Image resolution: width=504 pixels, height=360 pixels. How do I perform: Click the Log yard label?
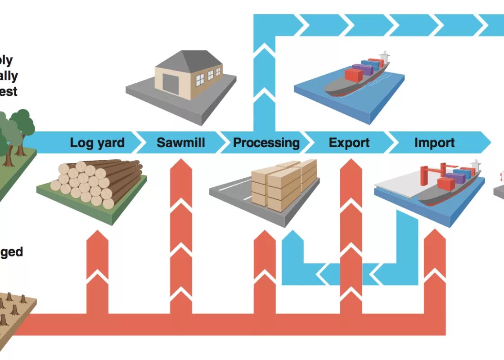[97, 143]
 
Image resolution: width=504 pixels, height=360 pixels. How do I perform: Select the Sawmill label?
[181, 143]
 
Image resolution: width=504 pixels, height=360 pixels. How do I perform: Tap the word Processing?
[266, 143]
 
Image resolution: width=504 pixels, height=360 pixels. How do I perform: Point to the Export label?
[349, 143]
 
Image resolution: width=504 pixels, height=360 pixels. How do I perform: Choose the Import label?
[434, 143]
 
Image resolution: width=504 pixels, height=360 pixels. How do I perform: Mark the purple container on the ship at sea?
[363, 70]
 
